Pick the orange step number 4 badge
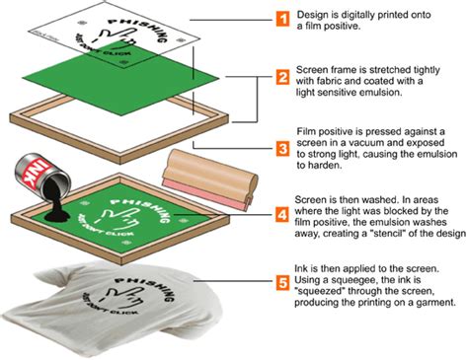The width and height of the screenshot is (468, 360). [282, 212]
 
